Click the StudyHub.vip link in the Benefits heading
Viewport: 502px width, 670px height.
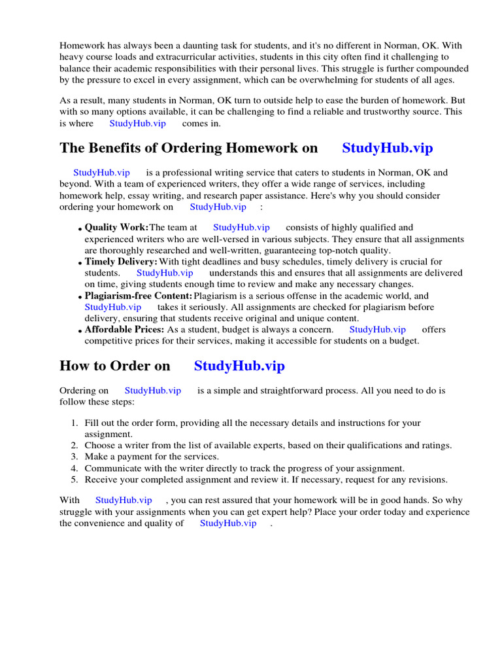pos(387,148)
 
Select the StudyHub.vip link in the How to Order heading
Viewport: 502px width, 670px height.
pos(239,366)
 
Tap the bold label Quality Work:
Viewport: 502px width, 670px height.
pos(117,228)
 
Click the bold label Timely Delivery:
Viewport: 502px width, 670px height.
pos(121,262)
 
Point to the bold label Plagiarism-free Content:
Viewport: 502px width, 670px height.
pos(139,296)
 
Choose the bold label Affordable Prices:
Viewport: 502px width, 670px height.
pos(124,330)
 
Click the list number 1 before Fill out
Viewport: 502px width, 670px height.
pos(75,423)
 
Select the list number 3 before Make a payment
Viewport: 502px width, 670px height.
pos(75,457)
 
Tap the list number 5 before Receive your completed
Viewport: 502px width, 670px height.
pos(75,480)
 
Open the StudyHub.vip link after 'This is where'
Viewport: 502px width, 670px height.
pos(137,123)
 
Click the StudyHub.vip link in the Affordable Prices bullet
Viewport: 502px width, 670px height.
pos(377,330)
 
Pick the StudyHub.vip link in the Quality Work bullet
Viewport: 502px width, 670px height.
pos(241,228)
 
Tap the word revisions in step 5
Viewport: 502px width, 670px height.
pos(426,480)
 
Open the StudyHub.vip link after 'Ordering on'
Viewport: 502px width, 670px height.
pos(152,391)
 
